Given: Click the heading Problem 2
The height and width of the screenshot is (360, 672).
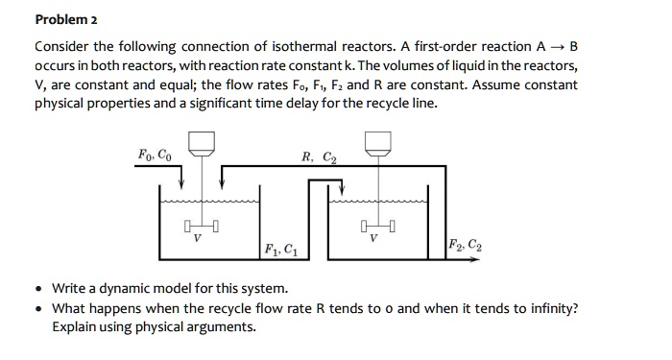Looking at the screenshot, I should tap(66, 19).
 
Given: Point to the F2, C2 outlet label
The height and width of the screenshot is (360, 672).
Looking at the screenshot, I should tap(467, 245).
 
